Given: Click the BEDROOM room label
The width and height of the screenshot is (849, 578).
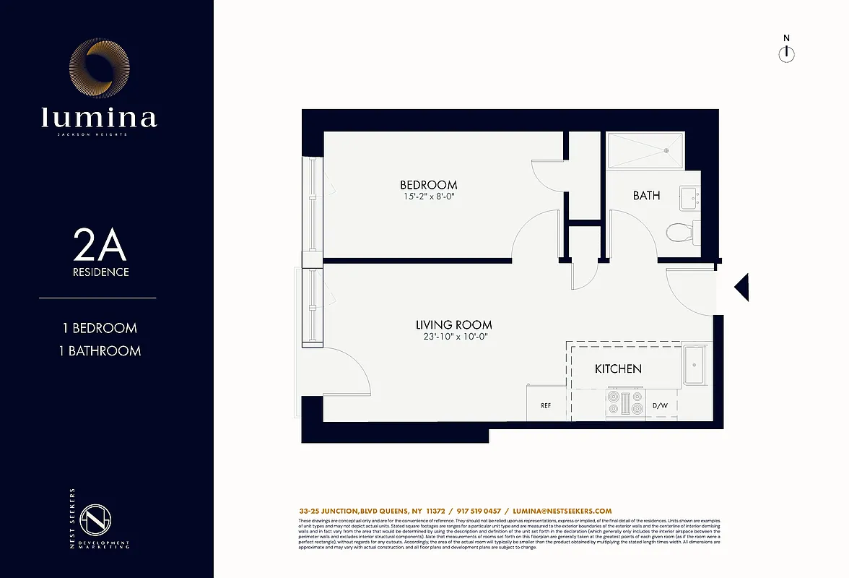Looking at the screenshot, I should [429, 185].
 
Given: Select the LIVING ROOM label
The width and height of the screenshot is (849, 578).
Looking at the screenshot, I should [453, 325].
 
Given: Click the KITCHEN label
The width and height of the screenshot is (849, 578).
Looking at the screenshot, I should [618, 369].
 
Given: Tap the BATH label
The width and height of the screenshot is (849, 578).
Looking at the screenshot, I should [646, 195].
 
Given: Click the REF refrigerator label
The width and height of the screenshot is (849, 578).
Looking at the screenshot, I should [546, 406].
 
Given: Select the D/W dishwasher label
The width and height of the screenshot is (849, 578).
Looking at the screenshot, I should [660, 406].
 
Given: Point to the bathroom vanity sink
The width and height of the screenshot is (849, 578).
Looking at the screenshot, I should [689, 195].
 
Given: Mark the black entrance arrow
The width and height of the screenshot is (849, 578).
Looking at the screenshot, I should [741, 288].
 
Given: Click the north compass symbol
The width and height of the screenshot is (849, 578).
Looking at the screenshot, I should [786, 54].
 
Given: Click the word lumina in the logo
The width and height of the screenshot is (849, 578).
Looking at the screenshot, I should [99, 117].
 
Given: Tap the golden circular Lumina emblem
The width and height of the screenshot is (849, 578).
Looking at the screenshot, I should [100, 68].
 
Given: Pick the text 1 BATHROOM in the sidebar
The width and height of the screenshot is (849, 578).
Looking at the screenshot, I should [100, 351].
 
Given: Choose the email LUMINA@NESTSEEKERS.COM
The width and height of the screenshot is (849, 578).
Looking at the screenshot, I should [562, 511].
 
